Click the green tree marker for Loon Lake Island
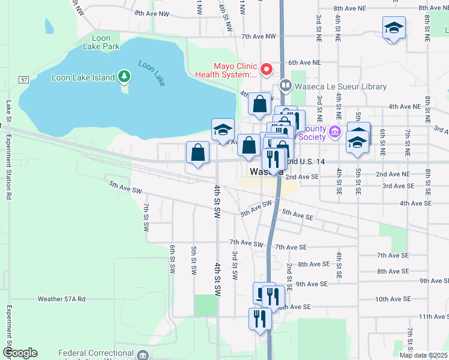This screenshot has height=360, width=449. tap(124, 76)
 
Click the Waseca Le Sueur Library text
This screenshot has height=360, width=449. tap(340, 87)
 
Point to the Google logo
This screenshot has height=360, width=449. tap(19, 353)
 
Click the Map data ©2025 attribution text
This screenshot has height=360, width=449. tap(424, 355)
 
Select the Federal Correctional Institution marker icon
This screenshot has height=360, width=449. tap(143, 355)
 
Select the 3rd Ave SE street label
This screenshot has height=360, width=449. tap(399, 186)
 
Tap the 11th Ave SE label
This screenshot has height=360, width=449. tap(433, 316)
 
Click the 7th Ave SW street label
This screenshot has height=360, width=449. tap(246, 244)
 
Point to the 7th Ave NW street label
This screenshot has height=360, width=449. tap(258, 37)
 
